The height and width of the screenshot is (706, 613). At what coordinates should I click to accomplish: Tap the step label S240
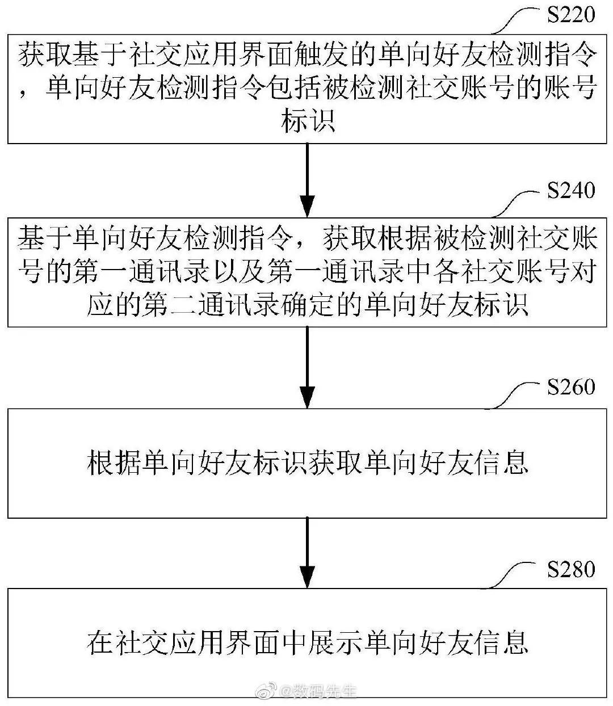click(x=570, y=191)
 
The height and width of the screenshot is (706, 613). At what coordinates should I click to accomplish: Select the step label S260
click(x=570, y=387)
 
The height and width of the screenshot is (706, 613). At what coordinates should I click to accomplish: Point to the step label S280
click(x=570, y=569)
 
